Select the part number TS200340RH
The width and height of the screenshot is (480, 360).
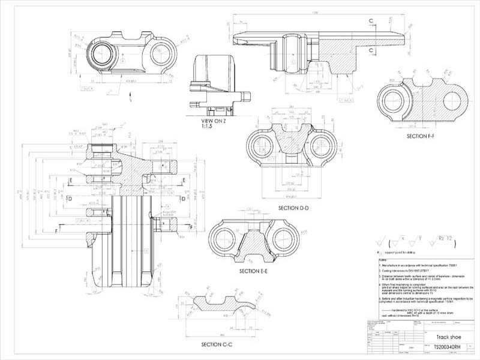[x=447, y=347]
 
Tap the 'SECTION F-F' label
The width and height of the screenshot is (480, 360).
[x=424, y=136]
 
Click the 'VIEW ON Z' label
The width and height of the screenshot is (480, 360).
[x=214, y=121]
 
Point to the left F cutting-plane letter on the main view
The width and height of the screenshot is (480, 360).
[x=56, y=230]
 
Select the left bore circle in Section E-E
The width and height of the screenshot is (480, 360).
[x=227, y=237]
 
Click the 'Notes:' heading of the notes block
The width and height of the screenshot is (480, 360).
[x=383, y=260]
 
